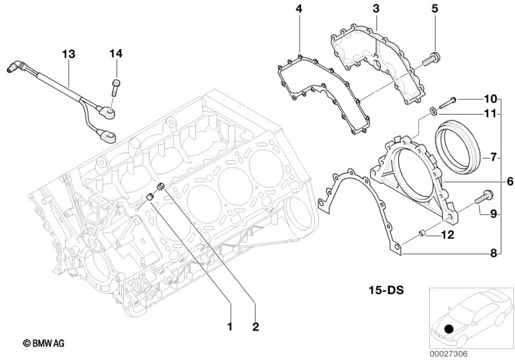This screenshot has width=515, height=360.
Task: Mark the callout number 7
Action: pyautogui.click(x=493, y=156)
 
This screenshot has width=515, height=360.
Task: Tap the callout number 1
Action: pyautogui.click(x=229, y=327)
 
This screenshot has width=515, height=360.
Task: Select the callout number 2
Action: pyautogui.click(x=255, y=327)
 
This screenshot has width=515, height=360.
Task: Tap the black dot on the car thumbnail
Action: pyautogui.click(x=449, y=328)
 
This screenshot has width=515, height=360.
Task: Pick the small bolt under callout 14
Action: pyautogui.click(x=115, y=86)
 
